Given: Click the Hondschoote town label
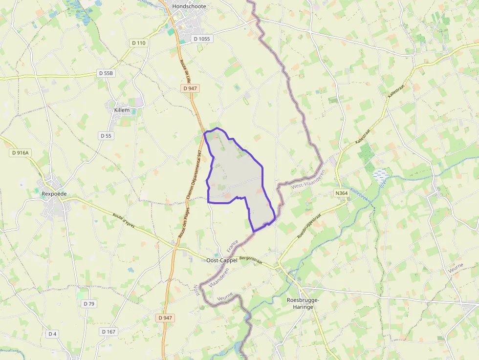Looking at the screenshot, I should pyautogui.click(x=189, y=7).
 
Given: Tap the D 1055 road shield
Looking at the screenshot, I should pyautogui.click(x=201, y=39).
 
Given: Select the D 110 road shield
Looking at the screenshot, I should pyautogui.click(x=138, y=43).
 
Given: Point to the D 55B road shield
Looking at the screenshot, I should pyautogui.click(x=106, y=73).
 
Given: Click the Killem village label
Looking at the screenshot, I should pyautogui.click(x=122, y=110).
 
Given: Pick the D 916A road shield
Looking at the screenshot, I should pyautogui.click(x=21, y=153).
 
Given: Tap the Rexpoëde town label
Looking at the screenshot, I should pyautogui.click(x=54, y=194).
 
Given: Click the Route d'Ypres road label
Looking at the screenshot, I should pyautogui.click(x=124, y=221).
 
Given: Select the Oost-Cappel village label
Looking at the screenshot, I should pyautogui.click(x=222, y=260).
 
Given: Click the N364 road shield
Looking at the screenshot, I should pyautogui.click(x=341, y=193).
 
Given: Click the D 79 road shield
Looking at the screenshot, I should pyautogui.click(x=89, y=304).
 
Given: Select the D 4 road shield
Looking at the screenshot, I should pyautogui.click(x=52, y=334).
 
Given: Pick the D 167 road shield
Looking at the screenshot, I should pyautogui.click(x=109, y=332).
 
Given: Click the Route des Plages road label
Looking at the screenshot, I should pyautogui.click(x=181, y=235).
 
